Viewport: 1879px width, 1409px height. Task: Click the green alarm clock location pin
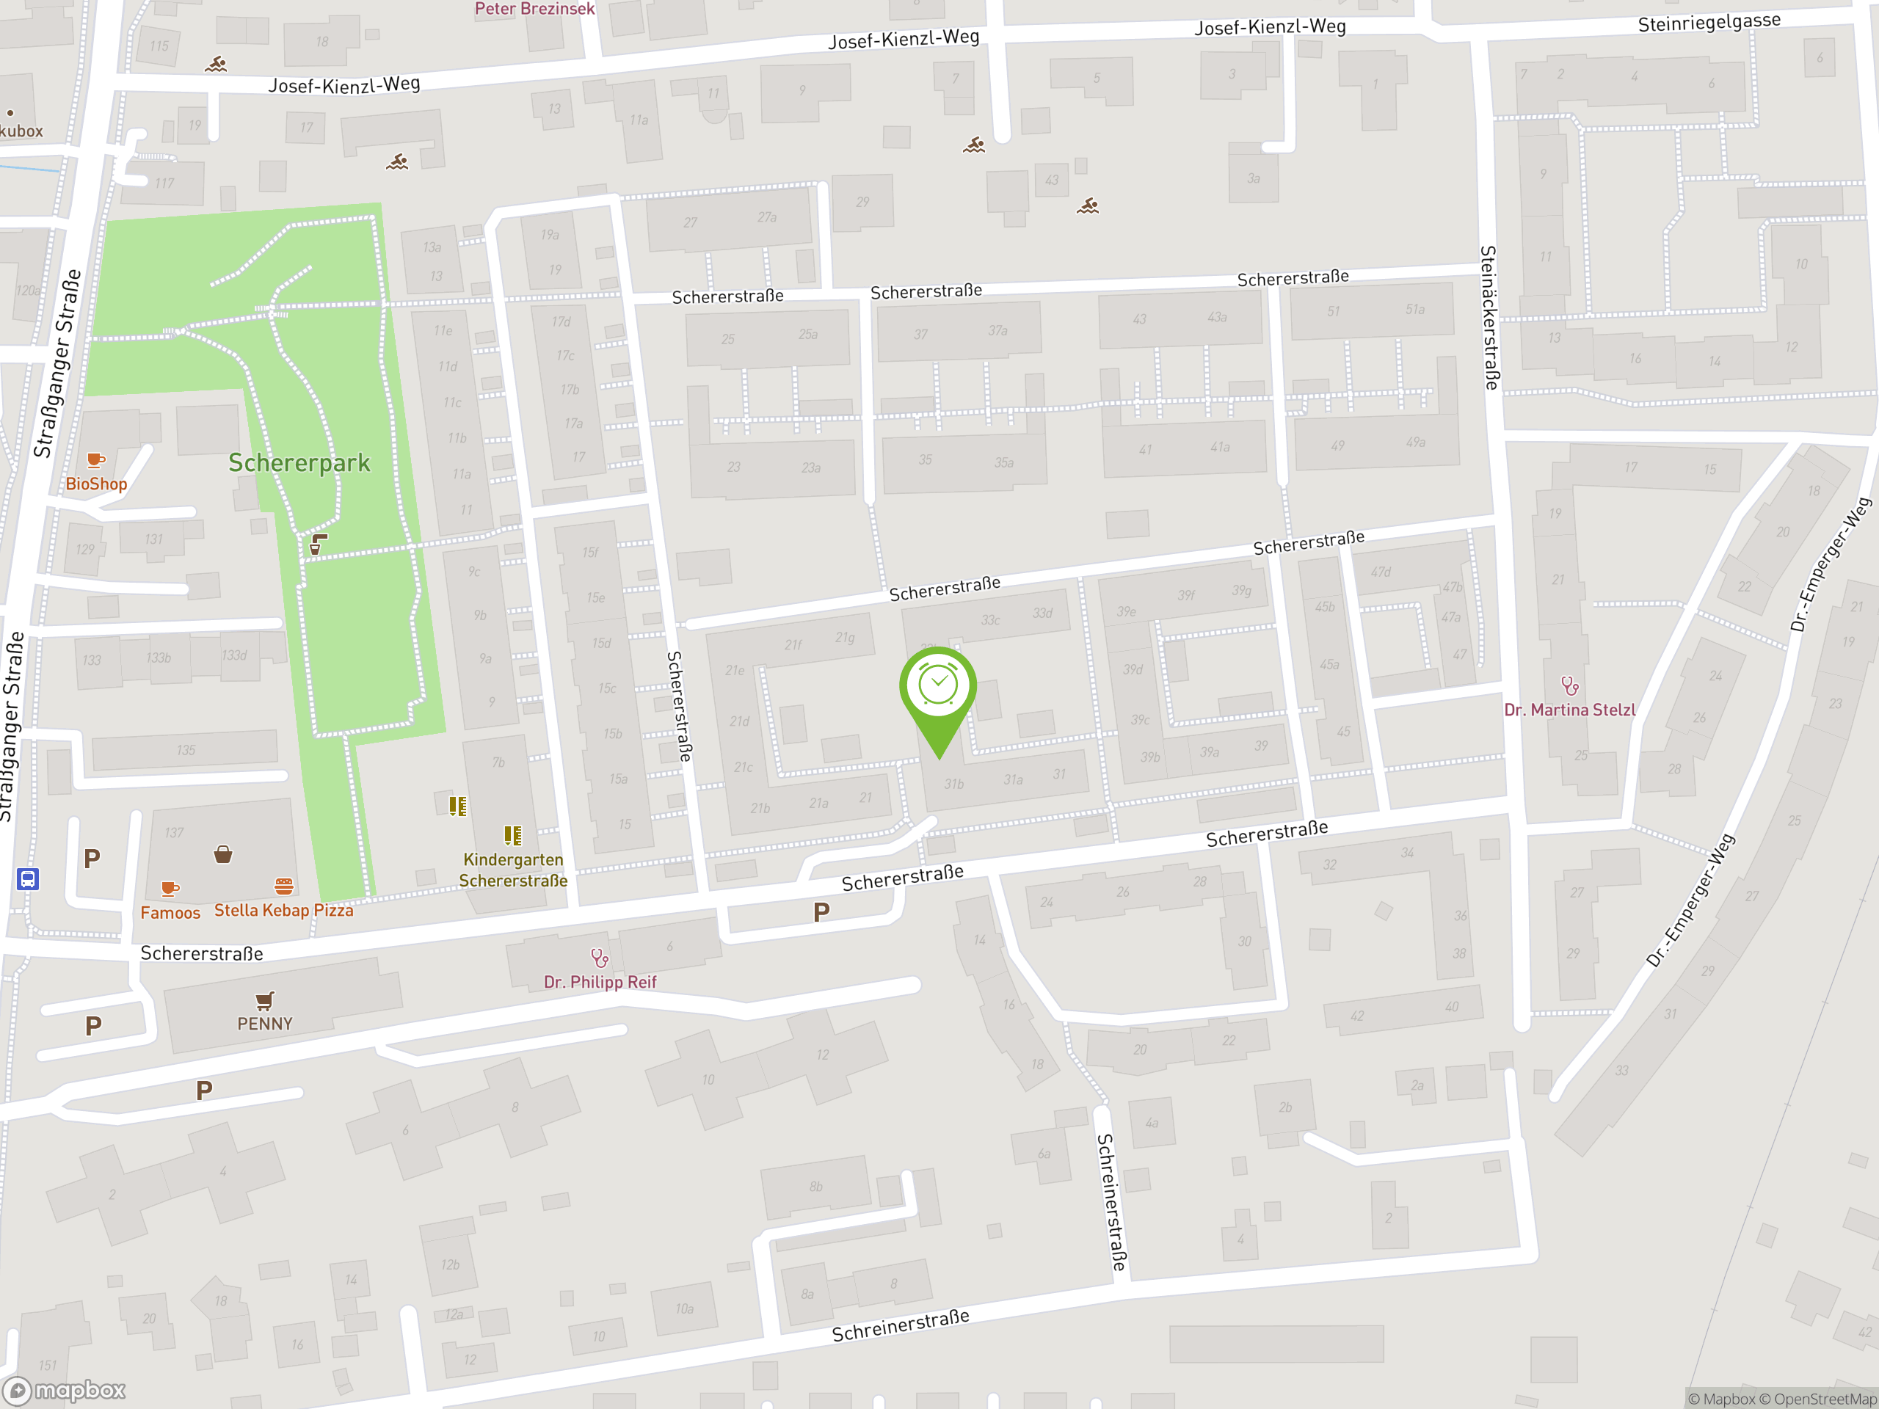tap(938, 688)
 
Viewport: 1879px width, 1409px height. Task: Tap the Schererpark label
tap(299, 463)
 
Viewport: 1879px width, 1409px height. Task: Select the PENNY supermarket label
tap(264, 1024)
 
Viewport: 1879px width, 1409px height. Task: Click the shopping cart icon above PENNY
tap(264, 1000)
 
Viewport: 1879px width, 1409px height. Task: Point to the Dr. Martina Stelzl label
tap(1569, 710)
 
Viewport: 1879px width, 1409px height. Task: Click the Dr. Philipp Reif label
tap(600, 982)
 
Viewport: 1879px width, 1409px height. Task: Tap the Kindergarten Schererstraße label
tap(513, 870)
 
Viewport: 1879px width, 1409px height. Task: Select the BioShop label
tap(96, 484)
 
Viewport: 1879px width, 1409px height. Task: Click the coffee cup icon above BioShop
tap(96, 460)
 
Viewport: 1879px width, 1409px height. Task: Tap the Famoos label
tap(170, 913)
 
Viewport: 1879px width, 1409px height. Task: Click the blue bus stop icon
tap(27, 878)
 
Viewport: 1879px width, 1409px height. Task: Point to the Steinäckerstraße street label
tap(1489, 318)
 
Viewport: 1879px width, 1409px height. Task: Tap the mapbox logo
tap(65, 1391)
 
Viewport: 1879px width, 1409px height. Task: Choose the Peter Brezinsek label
tap(534, 9)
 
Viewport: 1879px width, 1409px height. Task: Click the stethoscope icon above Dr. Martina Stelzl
tap(1569, 685)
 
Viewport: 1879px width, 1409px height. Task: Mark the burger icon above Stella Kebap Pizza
tap(284, 886)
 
